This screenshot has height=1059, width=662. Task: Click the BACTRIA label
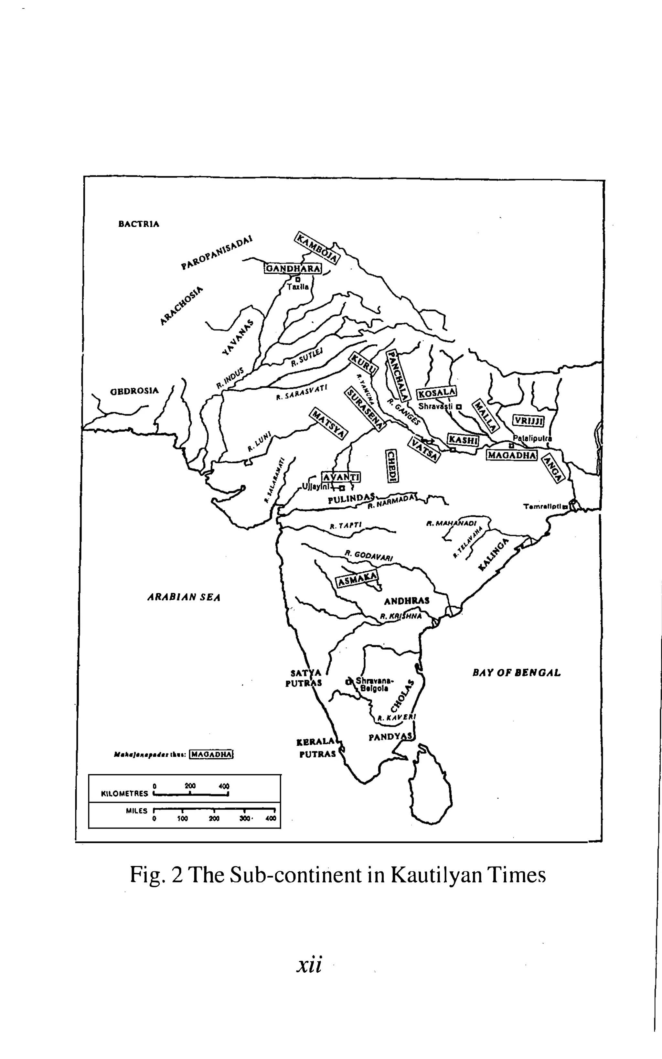point(139,224)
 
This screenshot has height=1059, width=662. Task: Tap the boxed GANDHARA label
point(293,268)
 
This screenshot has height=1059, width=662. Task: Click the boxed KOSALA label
point(436,393)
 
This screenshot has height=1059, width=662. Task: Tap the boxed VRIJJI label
point(529,421)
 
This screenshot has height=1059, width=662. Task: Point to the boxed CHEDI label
point(391,466)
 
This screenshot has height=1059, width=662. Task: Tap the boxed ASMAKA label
point(357,579)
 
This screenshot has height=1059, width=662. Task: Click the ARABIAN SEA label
point(184,597)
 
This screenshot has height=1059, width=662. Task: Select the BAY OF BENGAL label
point(517,672)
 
